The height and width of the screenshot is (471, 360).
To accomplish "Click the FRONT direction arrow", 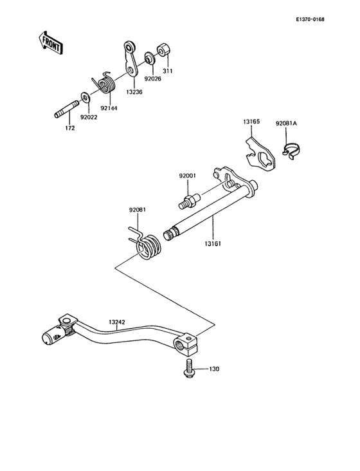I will pyautogui.click(x=50, y=44).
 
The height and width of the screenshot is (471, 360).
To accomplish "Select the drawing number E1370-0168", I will pyautogui.click(x=310, y=20).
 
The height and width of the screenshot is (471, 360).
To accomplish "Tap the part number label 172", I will pyautogui.click(x=69, y=129).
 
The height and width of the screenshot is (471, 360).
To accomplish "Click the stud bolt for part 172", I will pyautogui.click(x=61, y=111).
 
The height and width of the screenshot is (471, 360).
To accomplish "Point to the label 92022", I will pyautogui.click(x=90, y=117).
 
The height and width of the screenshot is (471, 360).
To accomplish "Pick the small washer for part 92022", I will pyautogui.click(x=85, y=98).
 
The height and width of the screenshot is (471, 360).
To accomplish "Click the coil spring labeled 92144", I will pyautogui.click(x=104, y=82).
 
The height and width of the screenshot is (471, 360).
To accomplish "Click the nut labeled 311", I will pyautogui.click(x=163, y=50).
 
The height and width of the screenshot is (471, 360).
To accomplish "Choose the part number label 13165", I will pyautogui.click(x=252, y=121).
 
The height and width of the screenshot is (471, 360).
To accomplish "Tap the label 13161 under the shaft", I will pyautogui.click(x=213, y=244).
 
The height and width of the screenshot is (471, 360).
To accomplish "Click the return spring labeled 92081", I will pyautogui.click(x=147, y=245).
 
